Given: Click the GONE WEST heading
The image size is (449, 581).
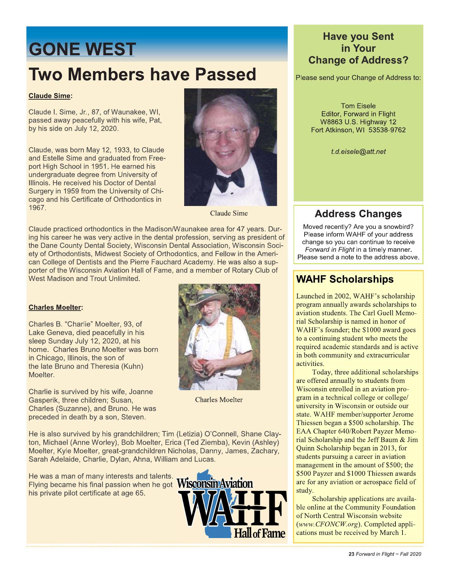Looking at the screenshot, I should [81, 49].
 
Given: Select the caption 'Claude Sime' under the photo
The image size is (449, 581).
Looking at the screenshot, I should [229, 213].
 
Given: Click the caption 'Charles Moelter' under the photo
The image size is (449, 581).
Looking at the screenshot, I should [219, 400].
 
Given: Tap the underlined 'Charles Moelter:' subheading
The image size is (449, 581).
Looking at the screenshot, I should [55, 307].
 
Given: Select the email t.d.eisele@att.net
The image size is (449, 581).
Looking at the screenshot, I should [358, 152].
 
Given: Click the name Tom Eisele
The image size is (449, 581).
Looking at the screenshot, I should [358, 106].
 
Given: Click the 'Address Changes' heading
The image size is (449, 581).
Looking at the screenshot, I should [358, 214].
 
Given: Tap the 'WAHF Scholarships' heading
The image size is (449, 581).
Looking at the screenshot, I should [345, 279].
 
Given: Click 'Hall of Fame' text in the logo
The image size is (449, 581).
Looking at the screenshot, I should [258, 533].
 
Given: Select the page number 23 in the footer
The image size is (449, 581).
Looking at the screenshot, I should [351, 554].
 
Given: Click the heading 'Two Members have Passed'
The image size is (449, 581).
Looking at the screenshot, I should [142, 75].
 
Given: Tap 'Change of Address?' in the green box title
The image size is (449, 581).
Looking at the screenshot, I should [358, 60].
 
